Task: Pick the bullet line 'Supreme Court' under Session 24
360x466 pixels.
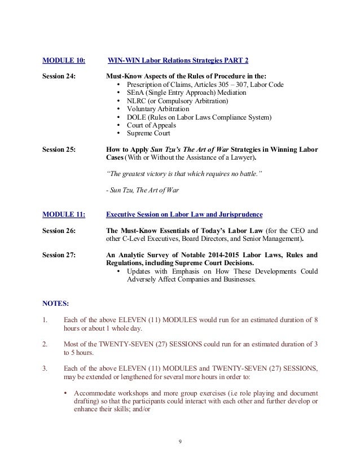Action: pos(148,134)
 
